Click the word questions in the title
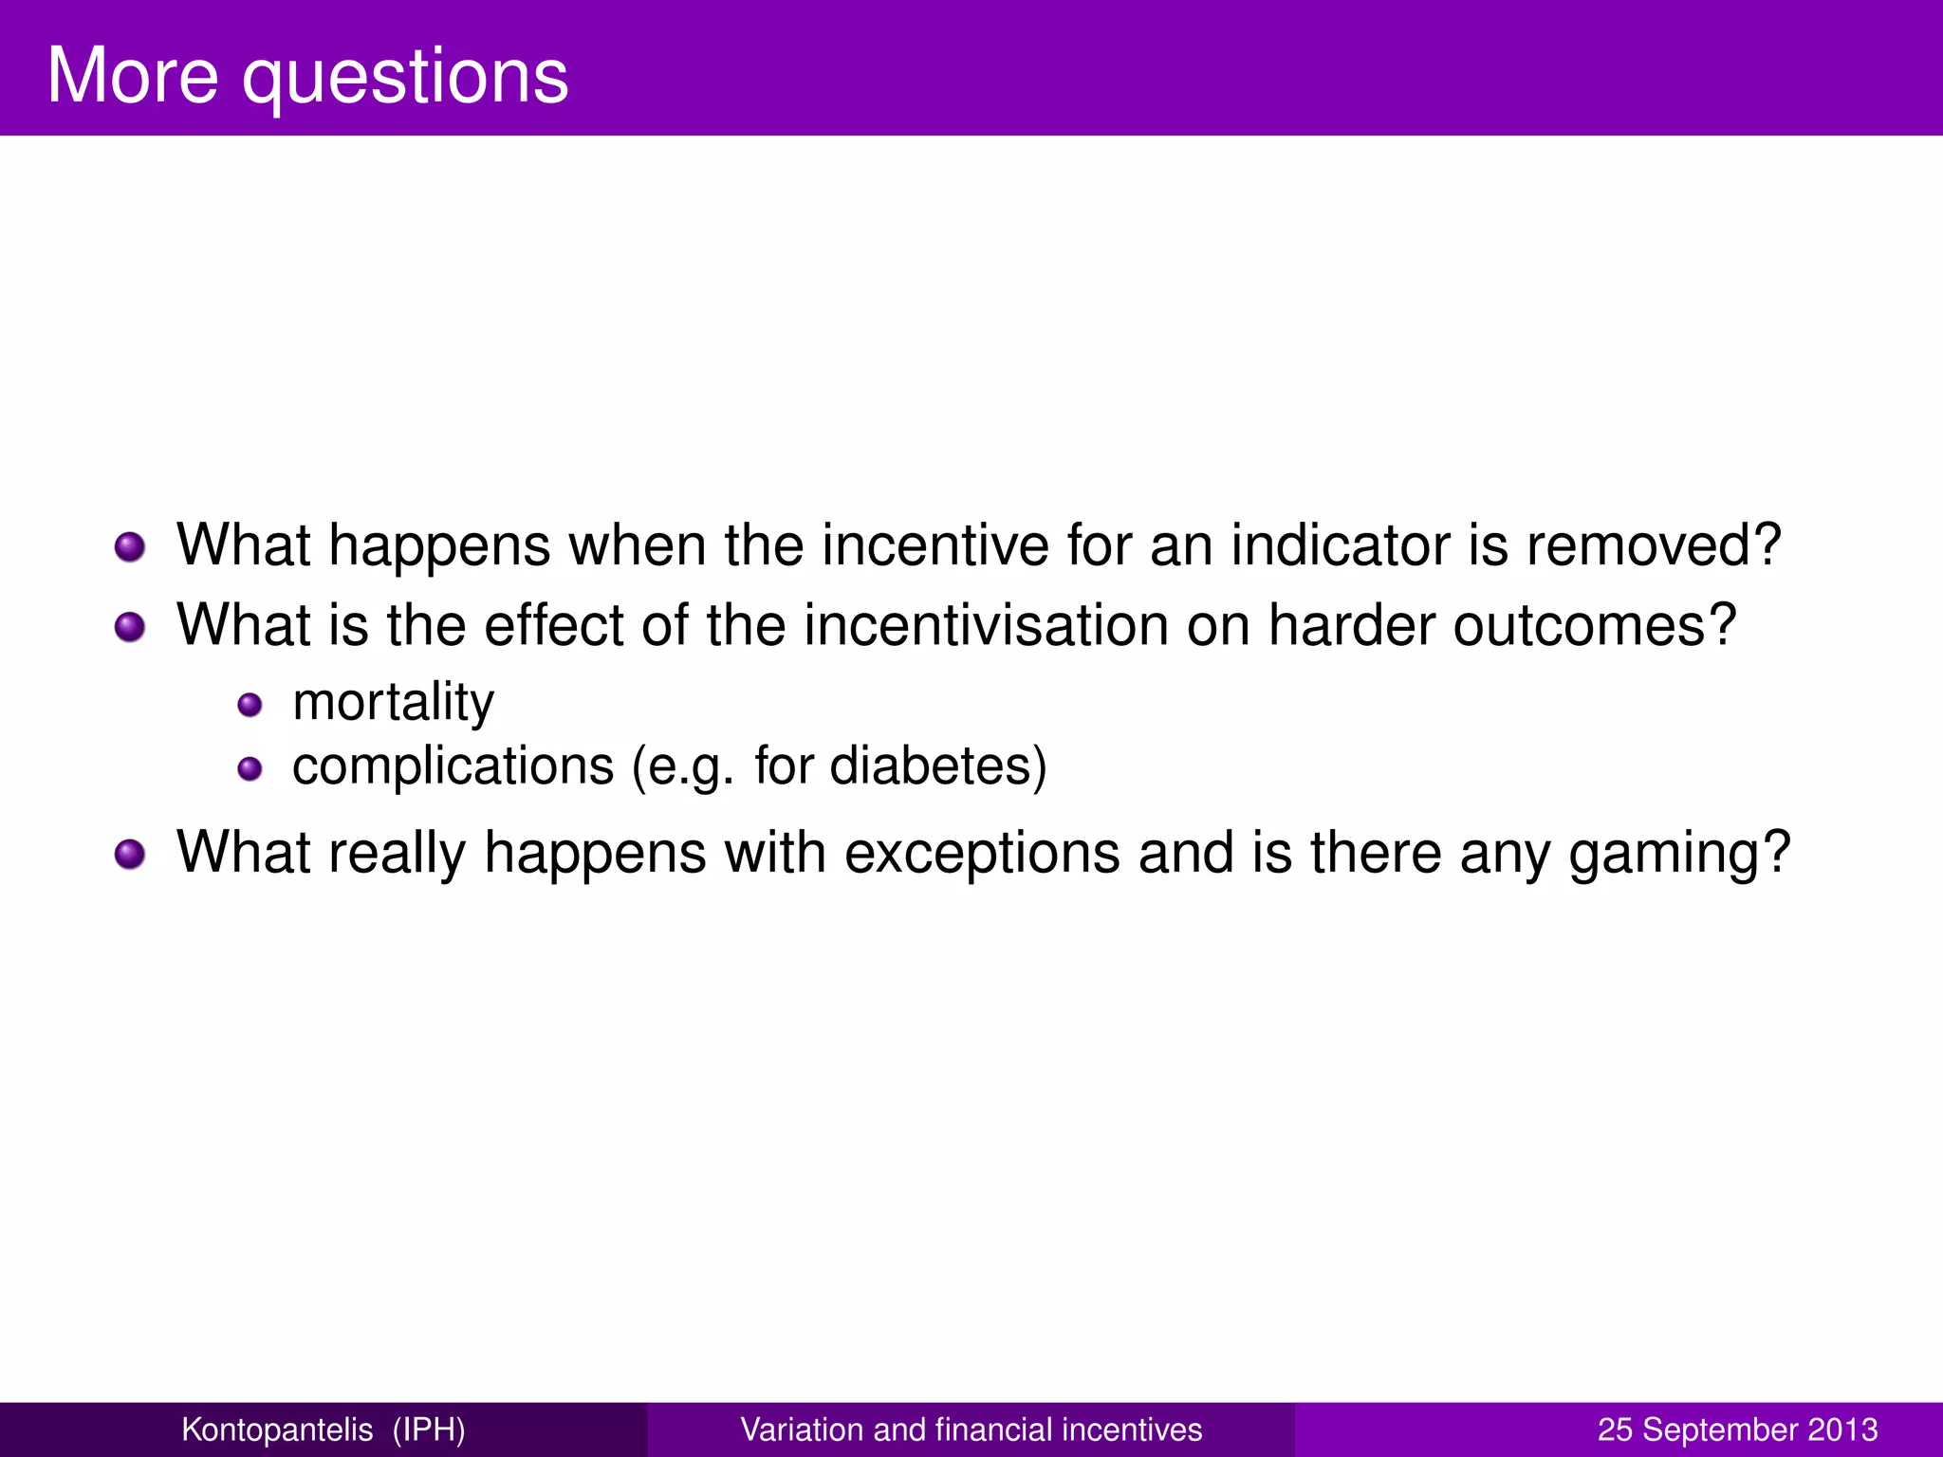point(405,78)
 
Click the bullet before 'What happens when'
point(130,547)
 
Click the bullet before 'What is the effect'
point(130,627)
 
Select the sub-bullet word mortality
point(393,703)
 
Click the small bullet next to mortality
point(250,705)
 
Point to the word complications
point(453,766)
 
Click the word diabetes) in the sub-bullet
point(938,766)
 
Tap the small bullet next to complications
point(250,768)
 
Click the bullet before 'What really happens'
point(130,854)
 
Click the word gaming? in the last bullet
point(1678,854)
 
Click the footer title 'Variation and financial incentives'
point(971,1429)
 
